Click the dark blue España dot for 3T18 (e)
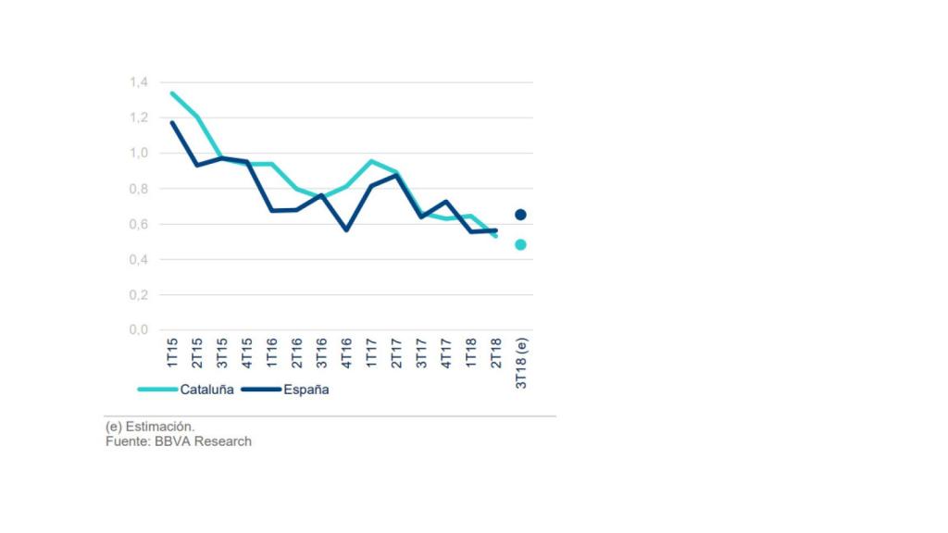click(x=520, y=215)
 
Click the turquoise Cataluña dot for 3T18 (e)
click(x=520, y=245)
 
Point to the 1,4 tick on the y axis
click(x=139, y=82)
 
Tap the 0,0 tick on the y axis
click(x=139, y=329)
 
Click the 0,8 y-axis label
click(x=139, y=189)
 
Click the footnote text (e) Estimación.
click(x=150, y=427)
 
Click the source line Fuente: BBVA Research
click(x=179, y=441)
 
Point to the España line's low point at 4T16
click(x=346, y=229)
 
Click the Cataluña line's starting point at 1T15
click(x=172, y=93)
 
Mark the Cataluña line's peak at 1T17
click(x=371, y=161)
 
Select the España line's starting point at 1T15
click(x=172, y=123)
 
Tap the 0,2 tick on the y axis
click(x=139, y=294)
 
